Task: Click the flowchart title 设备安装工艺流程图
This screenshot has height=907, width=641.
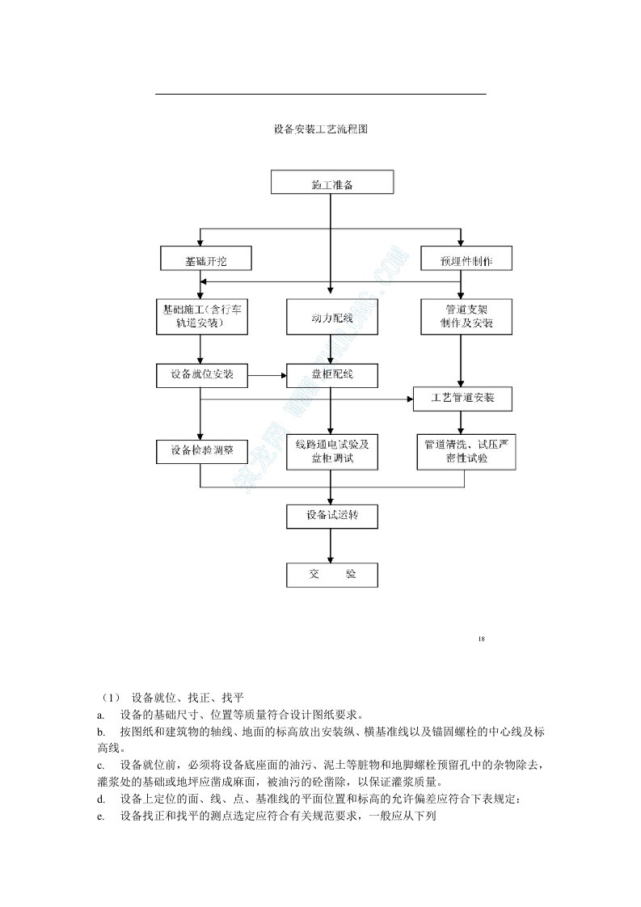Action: [321, 129]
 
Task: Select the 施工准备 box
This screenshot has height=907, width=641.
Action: [332, 182]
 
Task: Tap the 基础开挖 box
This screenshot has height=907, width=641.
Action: [205, 259]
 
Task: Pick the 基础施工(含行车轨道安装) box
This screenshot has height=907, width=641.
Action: [200, 316]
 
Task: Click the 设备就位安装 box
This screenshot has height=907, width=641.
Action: [202, 375]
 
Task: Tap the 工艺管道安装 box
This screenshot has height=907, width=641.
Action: [463, 398]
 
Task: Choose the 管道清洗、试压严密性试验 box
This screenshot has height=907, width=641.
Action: [466, 452]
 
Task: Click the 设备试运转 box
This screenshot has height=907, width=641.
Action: [332, 516]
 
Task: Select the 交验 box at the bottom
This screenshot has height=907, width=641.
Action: [332, 574]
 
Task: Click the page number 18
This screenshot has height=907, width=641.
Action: [481, 639]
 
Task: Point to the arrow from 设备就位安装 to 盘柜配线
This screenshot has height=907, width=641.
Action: [268, 375]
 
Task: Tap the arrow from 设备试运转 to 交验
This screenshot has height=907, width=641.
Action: [331, 545]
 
